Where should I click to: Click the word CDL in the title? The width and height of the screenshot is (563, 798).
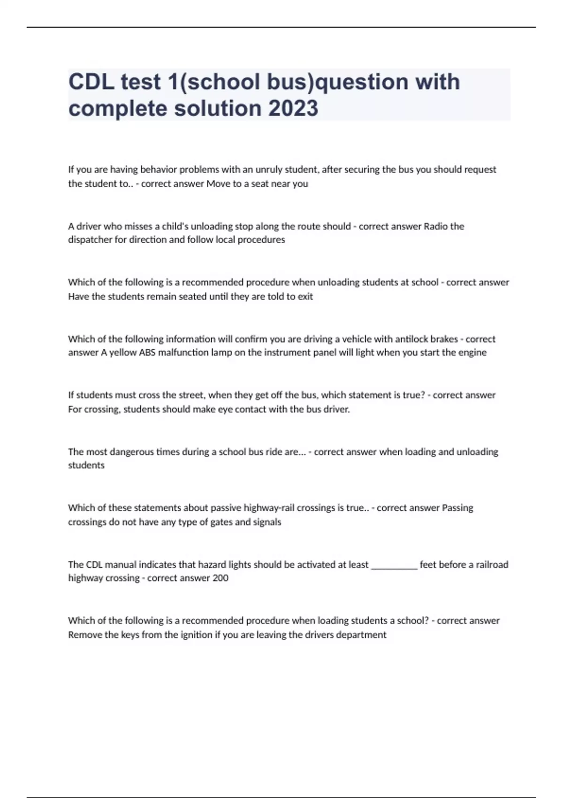coord(91,82)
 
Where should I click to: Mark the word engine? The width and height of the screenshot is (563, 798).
coord(473,353)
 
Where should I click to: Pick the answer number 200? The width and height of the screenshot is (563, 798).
coord(220,578)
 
